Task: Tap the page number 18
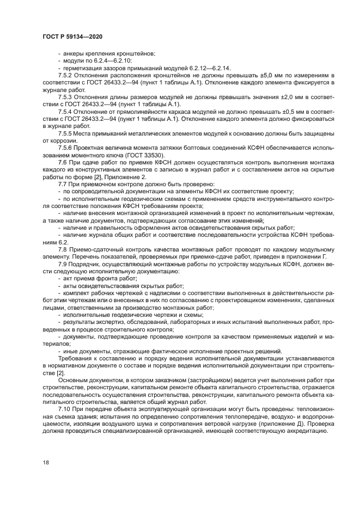click(45, 462)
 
